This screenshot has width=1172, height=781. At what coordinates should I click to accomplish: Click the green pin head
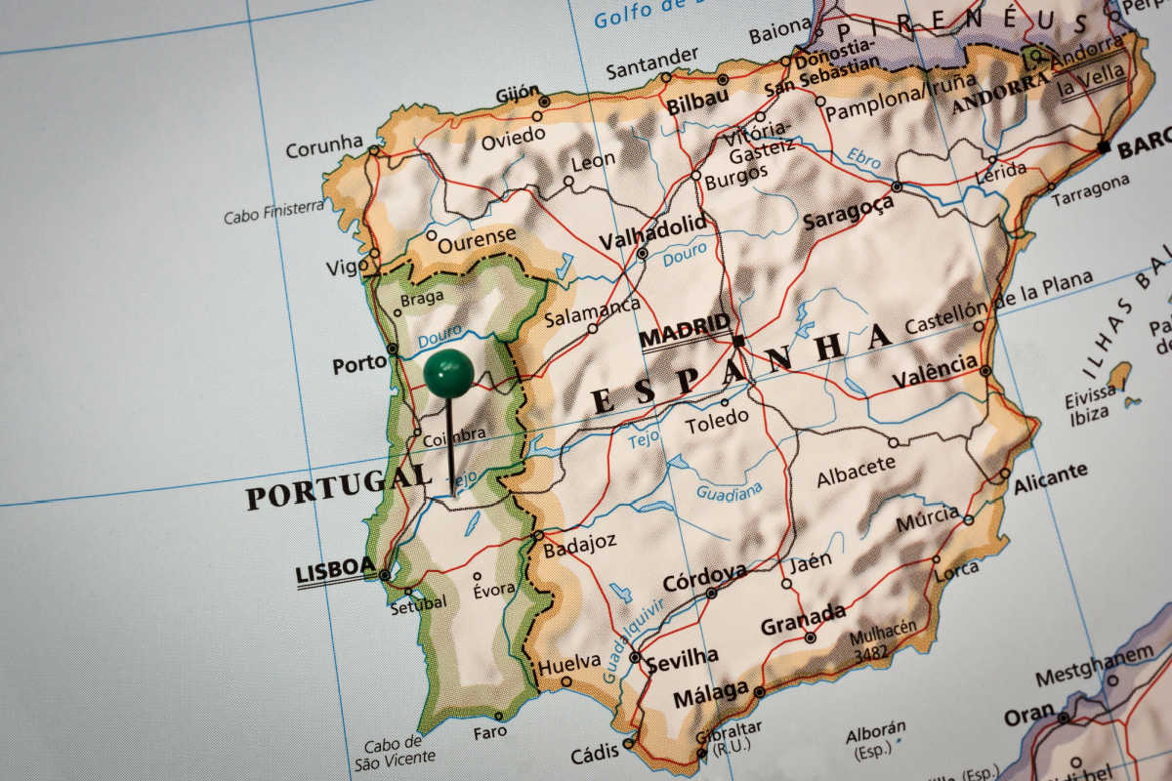(x=448, y=373)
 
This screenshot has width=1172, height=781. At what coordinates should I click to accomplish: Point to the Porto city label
(x=359, y=364)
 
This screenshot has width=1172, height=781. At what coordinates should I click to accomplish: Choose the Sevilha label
(x=682, y=657)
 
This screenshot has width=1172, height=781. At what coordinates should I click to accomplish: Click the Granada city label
(x=803, y=618)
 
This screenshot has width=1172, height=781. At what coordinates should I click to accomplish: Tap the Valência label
(x=934, y=371)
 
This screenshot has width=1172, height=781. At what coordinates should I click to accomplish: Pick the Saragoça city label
(x=848, y=212)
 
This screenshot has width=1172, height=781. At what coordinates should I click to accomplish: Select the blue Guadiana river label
(x=730, y=489)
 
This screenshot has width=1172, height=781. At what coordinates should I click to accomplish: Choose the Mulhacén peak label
(x=883, y=633)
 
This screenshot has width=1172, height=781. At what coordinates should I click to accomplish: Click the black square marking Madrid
(x=738, y=341)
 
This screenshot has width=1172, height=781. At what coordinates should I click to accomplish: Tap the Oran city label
(x=1028, y=715)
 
